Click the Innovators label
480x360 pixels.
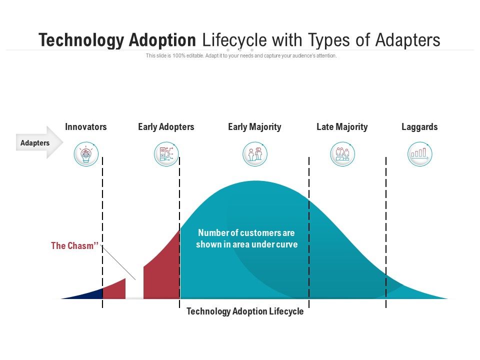pos(86,127)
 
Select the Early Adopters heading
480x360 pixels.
pos(166,127)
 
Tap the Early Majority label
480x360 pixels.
pos(254,127)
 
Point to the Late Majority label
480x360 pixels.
pos(342,127)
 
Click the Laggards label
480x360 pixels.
pos(419,127)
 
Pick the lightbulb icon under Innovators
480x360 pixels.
pos(86,154)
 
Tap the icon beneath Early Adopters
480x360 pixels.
pos(166,154)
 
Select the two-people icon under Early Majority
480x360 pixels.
pos(255,154)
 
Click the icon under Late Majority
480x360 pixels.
pos(342,154)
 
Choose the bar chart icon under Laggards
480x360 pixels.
pos(419,154)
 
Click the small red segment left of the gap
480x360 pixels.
pos(115,290)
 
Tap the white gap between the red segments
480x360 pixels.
pos(134,290)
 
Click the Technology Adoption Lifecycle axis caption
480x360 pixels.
pos(245,311)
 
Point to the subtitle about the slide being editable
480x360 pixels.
pos(241,56)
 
